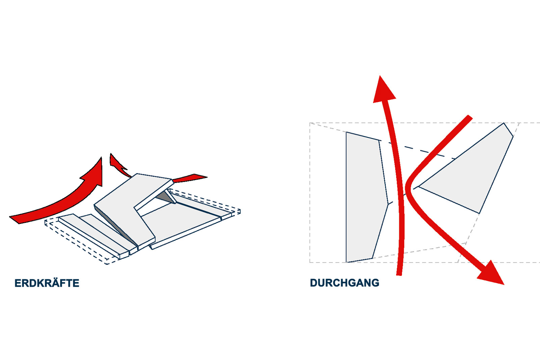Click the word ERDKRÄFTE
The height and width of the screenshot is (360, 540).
pyautogui.click(x=47, y=283)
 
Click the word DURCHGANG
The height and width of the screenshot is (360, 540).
pyautogui.click(x=345, y=283)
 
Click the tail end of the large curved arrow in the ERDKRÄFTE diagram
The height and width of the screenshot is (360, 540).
pyautogui.click(x=15, y=219)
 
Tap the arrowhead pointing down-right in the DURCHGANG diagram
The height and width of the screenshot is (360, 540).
pyautogui.click(x=492, y=274)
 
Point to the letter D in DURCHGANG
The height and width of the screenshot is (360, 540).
pyautogui.click(x=314, y=283)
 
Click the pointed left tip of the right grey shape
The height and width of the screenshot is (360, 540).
pyautogui.click(x=418, y=186)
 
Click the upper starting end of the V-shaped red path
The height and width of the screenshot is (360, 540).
pyautogui.click(x=470, y=117)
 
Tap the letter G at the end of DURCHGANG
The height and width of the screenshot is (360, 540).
pyautogui.click(x=375, y=283)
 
